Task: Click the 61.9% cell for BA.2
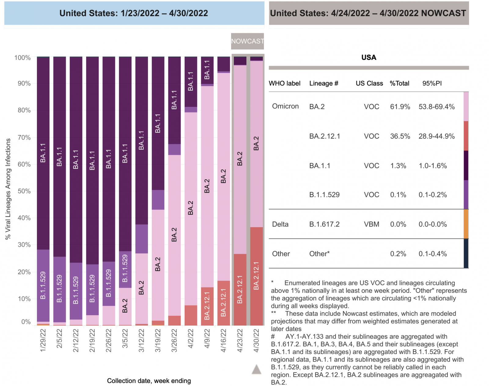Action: [400, 107]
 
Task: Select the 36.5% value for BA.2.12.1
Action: [400, 136]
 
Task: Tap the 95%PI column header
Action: [432, 83]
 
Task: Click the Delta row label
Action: [280, 224]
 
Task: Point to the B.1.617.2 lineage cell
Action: [324, 224]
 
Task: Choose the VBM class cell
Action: [371, 224]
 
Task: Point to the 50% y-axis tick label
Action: [24, 191]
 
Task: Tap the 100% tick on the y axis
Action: [23, 58]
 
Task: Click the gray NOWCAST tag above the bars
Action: [247, 41]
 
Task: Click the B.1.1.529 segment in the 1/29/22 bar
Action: [43, 285]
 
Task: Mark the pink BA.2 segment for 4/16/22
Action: [224, 176]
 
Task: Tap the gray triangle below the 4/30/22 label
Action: [256, 370]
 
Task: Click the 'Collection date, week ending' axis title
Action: [149, 381]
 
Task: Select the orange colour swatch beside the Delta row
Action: [466, 224]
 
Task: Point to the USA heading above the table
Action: [369, 57]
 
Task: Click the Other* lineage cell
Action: [319, 254]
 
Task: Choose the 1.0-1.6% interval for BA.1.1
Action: [432, 166]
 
